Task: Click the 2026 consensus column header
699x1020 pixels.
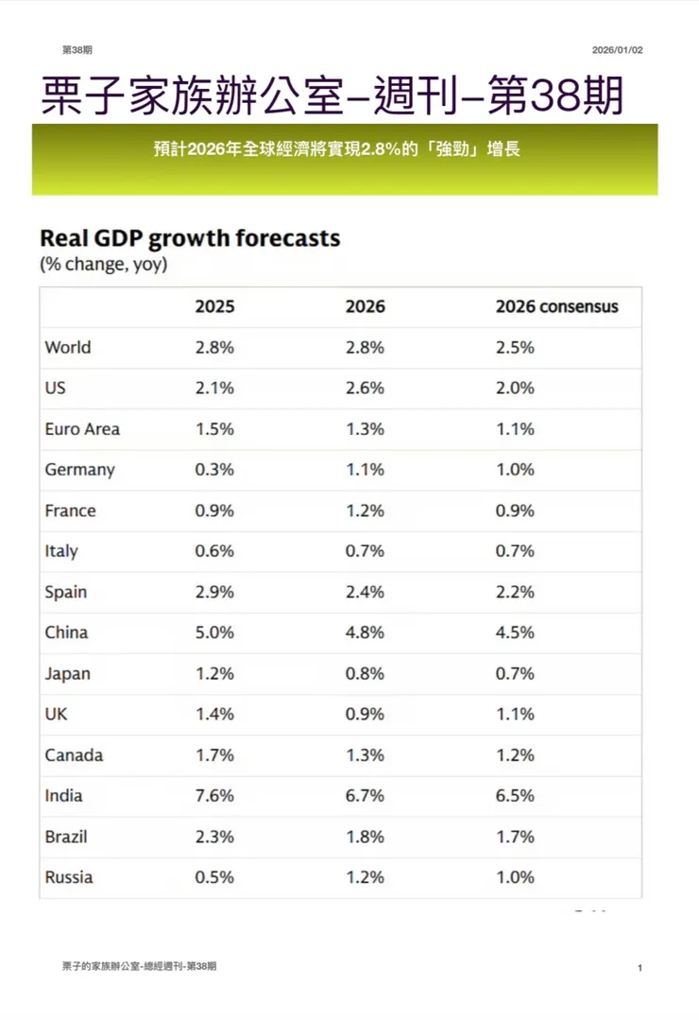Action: [556, 307]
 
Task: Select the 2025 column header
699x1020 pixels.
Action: [214, 307]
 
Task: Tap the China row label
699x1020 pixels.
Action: [67, 632]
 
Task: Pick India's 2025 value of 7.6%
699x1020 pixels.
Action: [214, 796]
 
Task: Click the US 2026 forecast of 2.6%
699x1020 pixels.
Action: [365, 388]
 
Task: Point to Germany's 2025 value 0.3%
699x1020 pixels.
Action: [214, 470]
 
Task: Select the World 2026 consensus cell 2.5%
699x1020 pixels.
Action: [515, 347]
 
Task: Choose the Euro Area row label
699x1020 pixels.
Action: [82, 429]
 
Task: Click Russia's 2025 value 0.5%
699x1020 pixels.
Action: [214, 877]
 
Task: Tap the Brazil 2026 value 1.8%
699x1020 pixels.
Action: [365, 837]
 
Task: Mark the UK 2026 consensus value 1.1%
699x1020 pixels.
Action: [515, 715]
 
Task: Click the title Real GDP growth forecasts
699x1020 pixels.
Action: [189, 237]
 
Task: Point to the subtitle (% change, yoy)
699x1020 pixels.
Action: [103, 265]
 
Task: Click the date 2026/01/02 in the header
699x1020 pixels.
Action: [618, 49]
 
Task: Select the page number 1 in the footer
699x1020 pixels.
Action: [639, 968]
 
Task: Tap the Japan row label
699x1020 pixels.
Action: [67, 673]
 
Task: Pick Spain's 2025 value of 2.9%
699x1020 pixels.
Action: [214, 592]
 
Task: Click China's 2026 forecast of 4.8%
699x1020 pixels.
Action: [365, 632]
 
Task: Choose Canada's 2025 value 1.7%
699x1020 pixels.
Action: [214, 755]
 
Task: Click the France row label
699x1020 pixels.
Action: [70, 510]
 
